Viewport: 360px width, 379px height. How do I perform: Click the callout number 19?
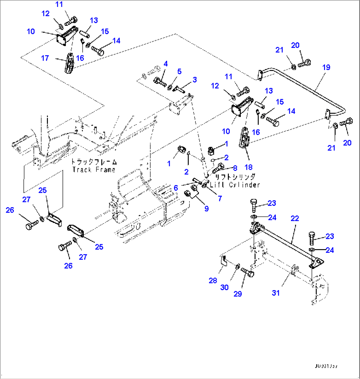[326, 68]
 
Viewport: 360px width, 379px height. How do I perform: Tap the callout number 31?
[276, 293]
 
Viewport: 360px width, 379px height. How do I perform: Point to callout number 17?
[45, 58]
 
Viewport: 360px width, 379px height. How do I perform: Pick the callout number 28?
[213, 281]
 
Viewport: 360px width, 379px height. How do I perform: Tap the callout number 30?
[224, 287]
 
